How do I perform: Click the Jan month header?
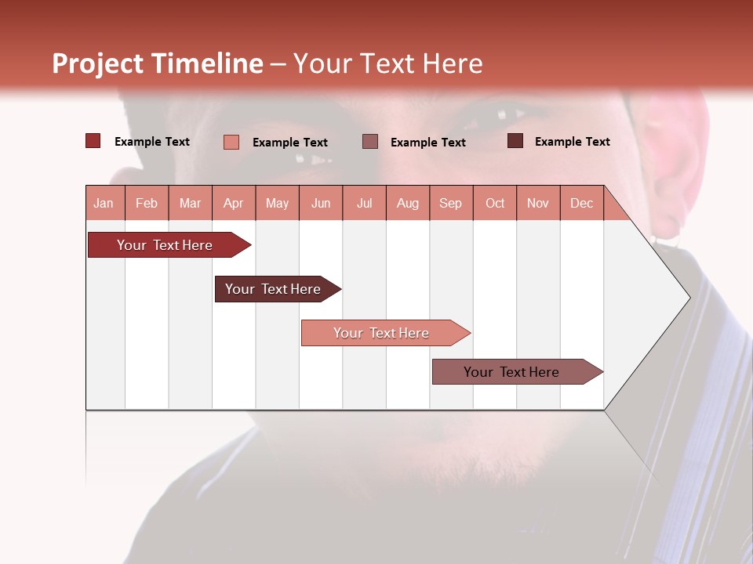104,203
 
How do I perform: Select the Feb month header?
147,203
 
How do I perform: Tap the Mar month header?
190,203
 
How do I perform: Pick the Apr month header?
234,203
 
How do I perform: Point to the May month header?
277,203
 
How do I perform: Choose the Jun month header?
321,203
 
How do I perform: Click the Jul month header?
364,203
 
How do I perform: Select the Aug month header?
408,203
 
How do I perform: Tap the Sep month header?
451,203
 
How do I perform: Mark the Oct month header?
495,203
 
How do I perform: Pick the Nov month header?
538,203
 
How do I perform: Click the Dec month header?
582,203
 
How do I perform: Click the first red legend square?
93,141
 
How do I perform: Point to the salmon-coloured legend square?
231,142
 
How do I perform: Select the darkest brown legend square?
515,141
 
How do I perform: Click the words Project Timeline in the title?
158,63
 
